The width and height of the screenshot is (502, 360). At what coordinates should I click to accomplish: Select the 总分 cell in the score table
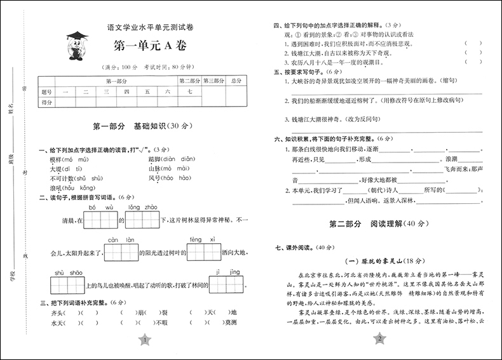[236, 81]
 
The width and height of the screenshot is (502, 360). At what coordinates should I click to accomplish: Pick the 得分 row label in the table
[46, 102]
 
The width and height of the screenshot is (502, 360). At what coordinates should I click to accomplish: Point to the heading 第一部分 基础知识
[147, 127]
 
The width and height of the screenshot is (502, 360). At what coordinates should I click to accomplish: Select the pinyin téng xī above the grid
[196, 239]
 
